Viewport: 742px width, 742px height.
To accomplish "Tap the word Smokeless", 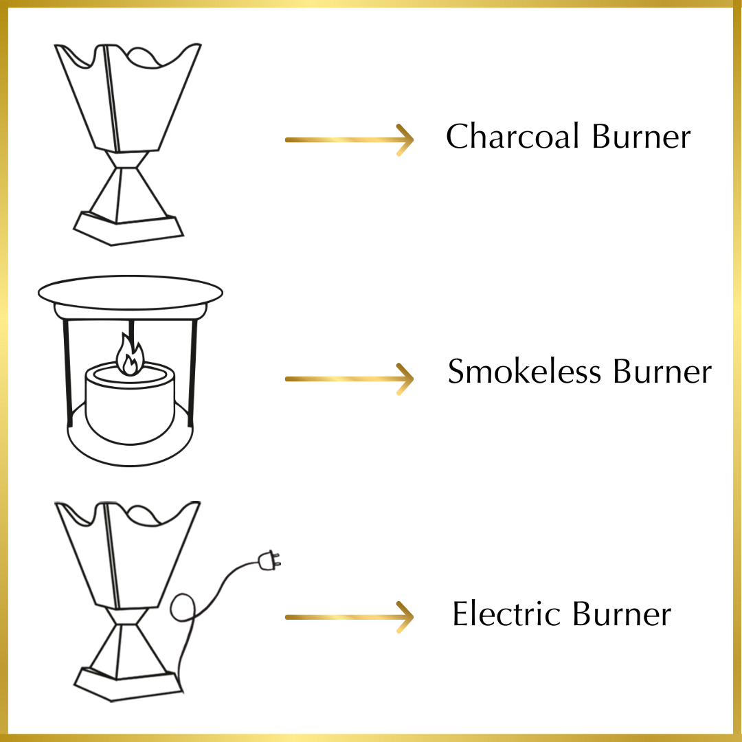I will pyautogui.click(x=525, y=372).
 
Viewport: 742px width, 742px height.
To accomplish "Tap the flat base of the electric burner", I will pyautogui.click(x=128, y=684).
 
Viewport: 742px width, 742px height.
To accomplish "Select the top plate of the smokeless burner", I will pyautogui.click(x=131, y=294).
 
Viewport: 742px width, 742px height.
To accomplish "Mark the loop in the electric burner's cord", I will pyautogui.click(x=182, y=609).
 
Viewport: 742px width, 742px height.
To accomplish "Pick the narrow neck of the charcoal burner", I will pyautogui.click(x=129, y=160).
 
